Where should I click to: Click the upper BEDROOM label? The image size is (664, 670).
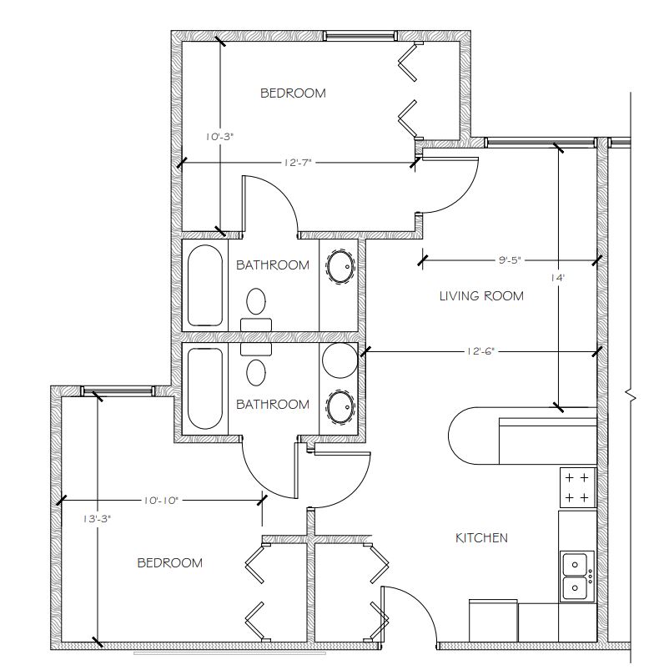(x=293, y=93)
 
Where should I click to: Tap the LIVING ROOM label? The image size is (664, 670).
(x=481, y=295)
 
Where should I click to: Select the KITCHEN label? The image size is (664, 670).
(x=481, y=537)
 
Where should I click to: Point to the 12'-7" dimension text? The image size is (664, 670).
(x=298, y=163)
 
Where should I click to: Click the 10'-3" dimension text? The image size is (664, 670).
(x=219, y=137)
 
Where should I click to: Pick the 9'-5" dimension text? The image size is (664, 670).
(x=510, y=259)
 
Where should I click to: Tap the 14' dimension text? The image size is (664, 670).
(x=557, y=278)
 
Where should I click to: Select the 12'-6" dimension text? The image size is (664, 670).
(x=480, y=351)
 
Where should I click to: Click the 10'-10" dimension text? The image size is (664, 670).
(x=160, y=501)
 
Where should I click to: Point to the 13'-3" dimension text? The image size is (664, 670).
(x=97, y=519)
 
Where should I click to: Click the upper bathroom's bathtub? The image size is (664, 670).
(x=205, y=285)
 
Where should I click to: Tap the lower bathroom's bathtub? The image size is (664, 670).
(x=205, y=389)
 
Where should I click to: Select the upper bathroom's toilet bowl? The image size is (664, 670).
(x=256, y=301)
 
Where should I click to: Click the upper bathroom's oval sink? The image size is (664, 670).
(x=340, y=268)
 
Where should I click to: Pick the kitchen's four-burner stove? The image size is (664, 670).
(x=577, y=487)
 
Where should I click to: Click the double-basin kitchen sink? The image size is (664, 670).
(x=577, y=577)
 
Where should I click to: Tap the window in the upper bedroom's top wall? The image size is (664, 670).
(x=360, y=36)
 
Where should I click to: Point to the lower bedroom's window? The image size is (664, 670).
(x=118, y=390)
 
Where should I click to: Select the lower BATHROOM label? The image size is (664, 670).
(x=273, y=404)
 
